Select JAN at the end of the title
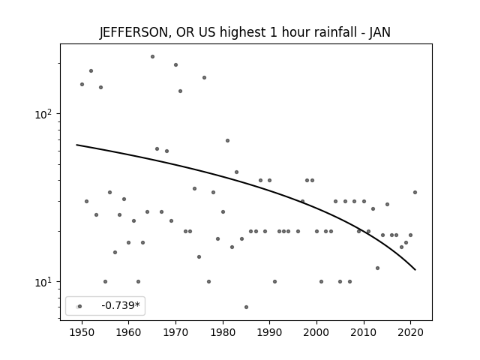click(379, 32)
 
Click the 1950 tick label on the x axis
click(82, 332)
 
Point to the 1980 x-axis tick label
click(223, 332)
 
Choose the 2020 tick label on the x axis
click(410, 332)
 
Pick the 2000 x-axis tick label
click(316, 332)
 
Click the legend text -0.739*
click(121, 305)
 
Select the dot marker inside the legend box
click(80, 307)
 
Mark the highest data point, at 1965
click(152, 57)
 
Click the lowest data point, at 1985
click(247, 307)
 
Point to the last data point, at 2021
click(415, 193)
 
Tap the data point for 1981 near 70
click(227, 141)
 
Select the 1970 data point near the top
click(175, 65)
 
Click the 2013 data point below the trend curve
click(377, 268)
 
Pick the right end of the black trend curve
click(415, 270)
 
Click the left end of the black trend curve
click(76, 145)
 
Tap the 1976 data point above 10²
click(204, 78)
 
